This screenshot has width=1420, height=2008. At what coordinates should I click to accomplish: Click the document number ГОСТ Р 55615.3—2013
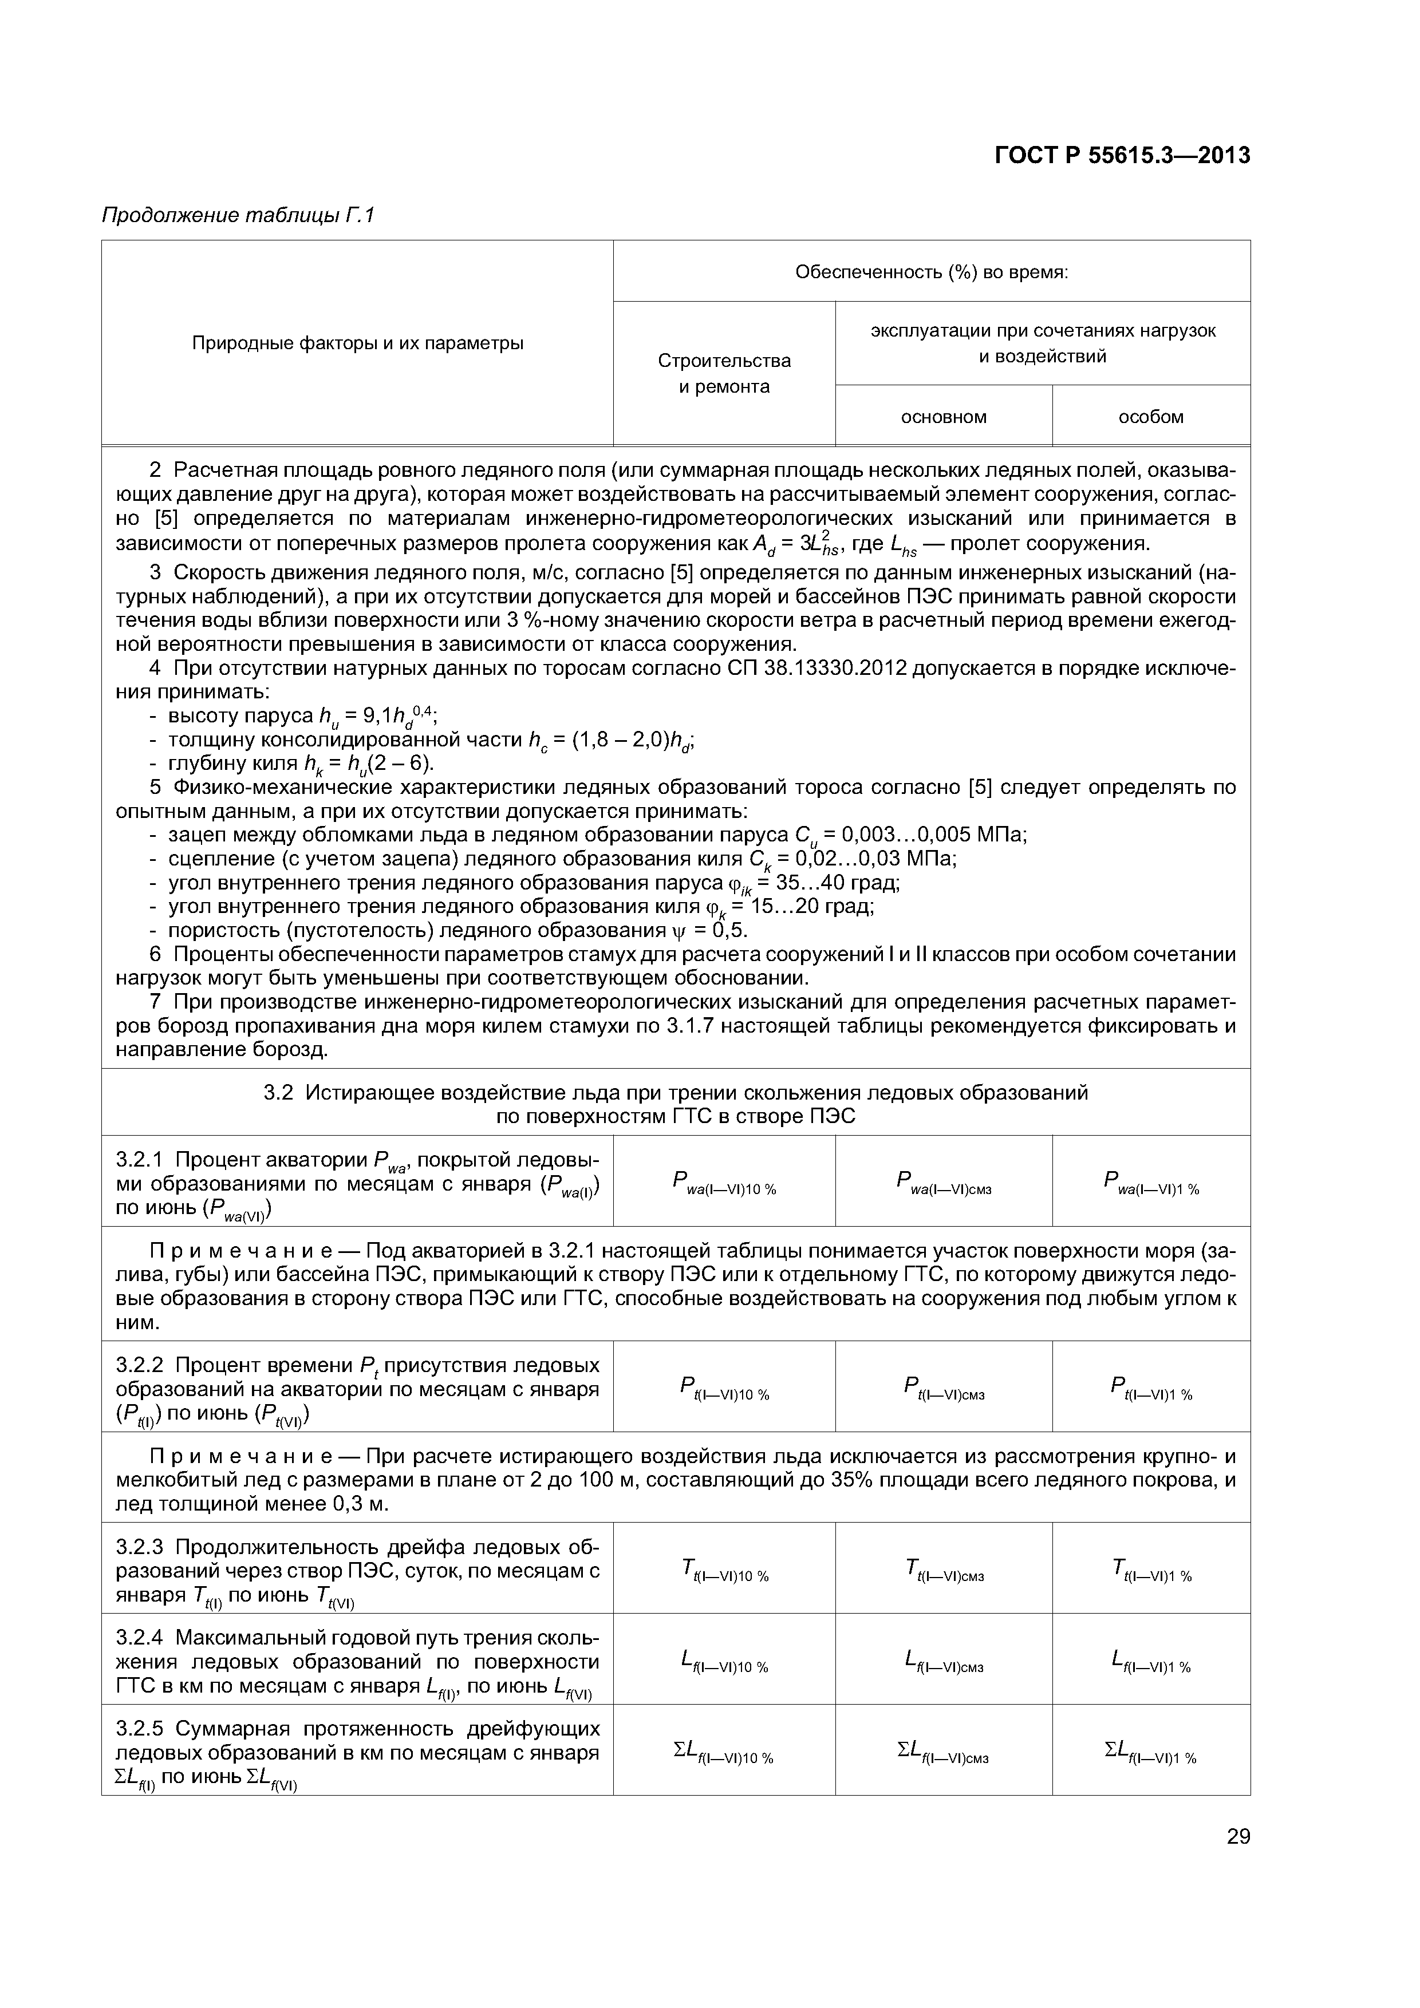pyautogui.click(x=1122, y=156)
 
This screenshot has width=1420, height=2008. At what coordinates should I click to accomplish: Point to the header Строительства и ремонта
pyautogui.click(x=724, y=373)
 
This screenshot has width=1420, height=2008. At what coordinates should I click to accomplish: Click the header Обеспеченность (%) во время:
pyautogui.click(x=931, y=272)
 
